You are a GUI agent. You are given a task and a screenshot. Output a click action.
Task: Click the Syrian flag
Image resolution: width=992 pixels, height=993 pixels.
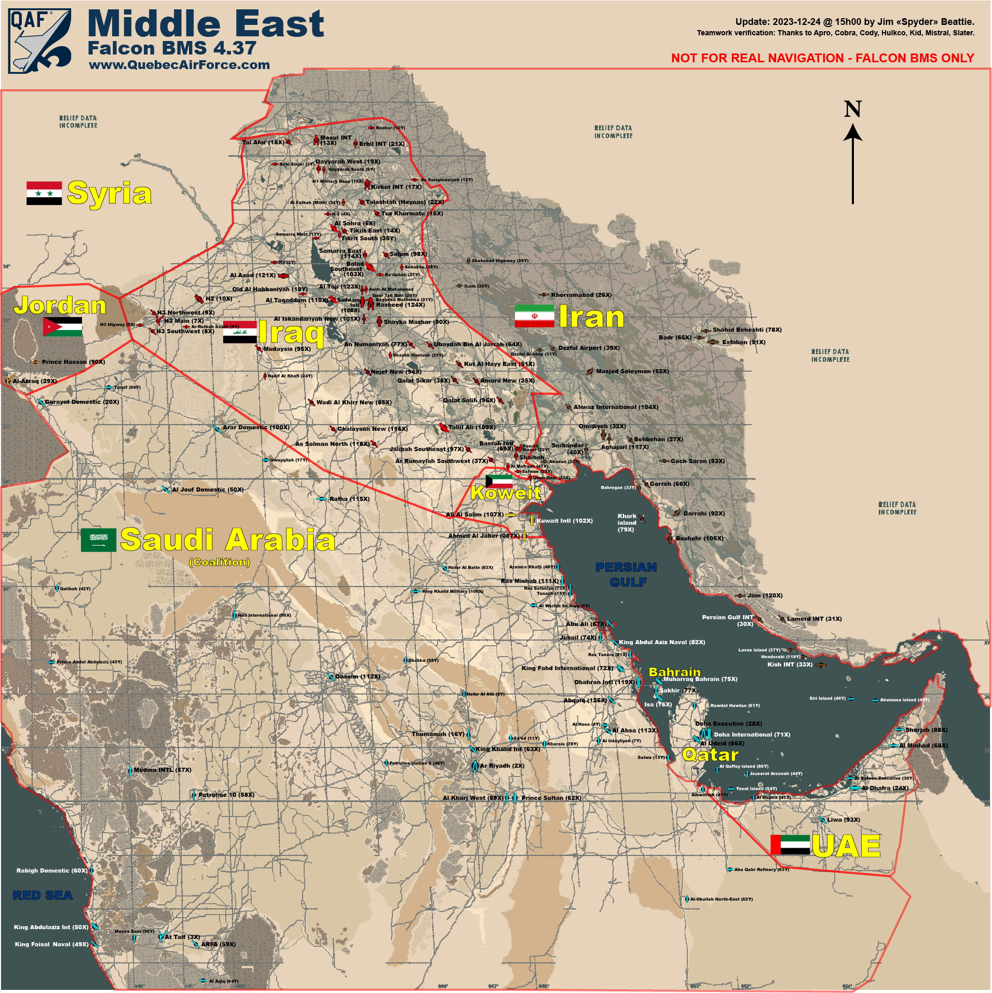[44, 193]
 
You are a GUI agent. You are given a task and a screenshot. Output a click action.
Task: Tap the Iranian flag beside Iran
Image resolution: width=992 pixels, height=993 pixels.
[534, 316]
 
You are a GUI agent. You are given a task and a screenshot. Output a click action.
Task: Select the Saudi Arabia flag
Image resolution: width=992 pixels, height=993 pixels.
[98, 540]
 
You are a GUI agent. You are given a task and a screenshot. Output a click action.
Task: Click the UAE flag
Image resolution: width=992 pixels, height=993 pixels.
[790, 845]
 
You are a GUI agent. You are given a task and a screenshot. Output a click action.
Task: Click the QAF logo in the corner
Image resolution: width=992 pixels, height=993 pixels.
[40, 40]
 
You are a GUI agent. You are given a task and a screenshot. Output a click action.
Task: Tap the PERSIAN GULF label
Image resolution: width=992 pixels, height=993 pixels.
[627, 574]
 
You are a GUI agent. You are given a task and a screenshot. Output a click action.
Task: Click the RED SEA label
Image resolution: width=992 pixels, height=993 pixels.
[43, 895]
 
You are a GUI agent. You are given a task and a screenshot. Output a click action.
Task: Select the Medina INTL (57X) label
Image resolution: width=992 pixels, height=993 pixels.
[162, 770]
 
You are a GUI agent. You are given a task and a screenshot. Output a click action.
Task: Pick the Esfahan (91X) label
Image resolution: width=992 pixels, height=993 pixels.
[743, 342]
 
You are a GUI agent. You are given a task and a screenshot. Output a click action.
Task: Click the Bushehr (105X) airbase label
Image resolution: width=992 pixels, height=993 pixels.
[699, 538]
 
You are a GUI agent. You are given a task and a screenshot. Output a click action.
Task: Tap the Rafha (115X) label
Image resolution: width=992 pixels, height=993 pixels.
[349, 499]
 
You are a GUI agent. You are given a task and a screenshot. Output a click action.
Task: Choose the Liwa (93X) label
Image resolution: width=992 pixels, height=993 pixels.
[843, 820]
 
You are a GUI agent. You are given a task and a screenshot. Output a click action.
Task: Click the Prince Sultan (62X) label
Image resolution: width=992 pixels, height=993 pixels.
[551, 798]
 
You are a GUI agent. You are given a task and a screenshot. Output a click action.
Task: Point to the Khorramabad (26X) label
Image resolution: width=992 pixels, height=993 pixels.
[581, 295]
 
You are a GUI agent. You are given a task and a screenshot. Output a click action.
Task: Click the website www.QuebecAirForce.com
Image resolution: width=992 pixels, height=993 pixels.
[180, 65]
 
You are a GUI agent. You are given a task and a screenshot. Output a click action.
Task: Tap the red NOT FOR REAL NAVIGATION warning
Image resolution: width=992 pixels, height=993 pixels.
[822, 58]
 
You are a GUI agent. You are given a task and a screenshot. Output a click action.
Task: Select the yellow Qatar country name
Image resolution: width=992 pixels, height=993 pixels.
[710, 755]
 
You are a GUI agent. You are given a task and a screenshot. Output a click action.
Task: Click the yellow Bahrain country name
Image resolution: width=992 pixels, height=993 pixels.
[674, 672]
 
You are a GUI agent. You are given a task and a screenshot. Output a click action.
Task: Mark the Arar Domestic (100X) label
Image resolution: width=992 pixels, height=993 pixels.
[256, 427]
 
